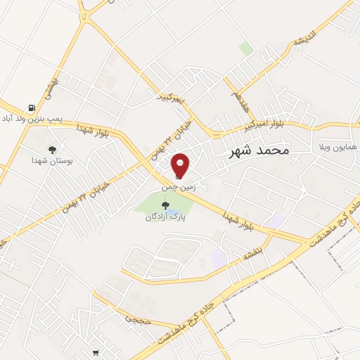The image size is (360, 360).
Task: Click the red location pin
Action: (181, 165)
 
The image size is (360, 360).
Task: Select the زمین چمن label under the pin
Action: (177, 188)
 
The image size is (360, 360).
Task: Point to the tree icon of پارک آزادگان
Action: (166, 205)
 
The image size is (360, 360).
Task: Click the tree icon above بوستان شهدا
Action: (52, 149)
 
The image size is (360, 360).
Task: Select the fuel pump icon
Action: (32, 108)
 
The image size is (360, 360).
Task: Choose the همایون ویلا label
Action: (338, 149)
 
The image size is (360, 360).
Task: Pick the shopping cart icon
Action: (96, 353)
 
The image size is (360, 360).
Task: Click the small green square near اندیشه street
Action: (245, 49)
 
